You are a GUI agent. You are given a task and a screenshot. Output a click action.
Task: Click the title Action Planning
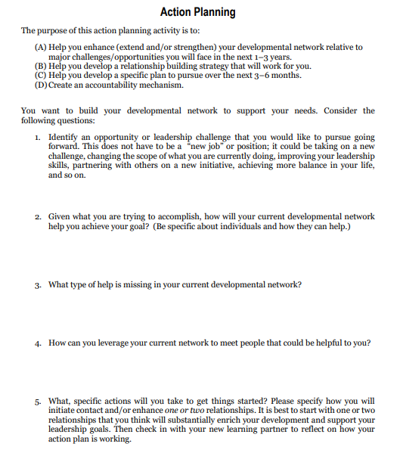click(198, 12)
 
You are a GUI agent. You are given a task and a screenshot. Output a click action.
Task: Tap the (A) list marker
click(42, 47)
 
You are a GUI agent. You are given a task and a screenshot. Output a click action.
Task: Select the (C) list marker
click(42, 76)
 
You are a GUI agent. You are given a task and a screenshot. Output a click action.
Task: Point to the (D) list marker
click(42, 85)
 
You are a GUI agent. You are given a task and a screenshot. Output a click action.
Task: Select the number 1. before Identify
click(38, 137)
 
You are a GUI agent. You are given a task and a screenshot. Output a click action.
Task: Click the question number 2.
click(38, 216)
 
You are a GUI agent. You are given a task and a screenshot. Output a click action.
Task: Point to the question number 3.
click(38, 285)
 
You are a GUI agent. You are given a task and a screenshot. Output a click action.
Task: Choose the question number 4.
click(38, 343)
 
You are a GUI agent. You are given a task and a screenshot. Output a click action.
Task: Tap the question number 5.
click(38, 402)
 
